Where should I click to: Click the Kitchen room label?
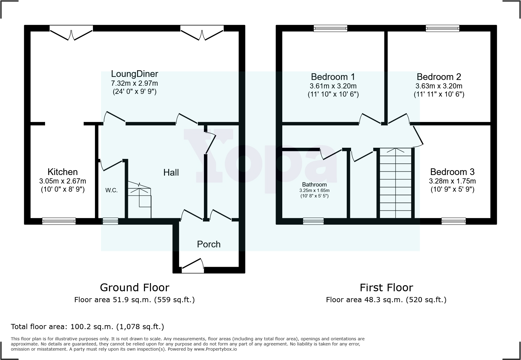(63, 172)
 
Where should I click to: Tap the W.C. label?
(111, 190)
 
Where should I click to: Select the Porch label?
(208, 244)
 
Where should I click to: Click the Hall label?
(171, 173)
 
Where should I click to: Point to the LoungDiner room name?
(134, 74)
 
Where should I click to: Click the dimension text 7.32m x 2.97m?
(134, 83)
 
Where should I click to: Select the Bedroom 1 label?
(333, 77)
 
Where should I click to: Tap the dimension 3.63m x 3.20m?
(439, 86)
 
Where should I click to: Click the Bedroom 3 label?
(452, 172)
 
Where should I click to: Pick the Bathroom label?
(314, 185)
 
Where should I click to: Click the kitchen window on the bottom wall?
(59, 221)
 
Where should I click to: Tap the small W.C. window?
(110, 221)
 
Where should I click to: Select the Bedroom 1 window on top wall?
(330, 28)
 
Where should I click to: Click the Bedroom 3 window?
(453, 221)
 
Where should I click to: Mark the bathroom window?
(313, 221)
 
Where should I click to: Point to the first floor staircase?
(395, 183)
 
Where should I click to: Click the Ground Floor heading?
(134, 287)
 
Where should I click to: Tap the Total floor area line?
(87, 327)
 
